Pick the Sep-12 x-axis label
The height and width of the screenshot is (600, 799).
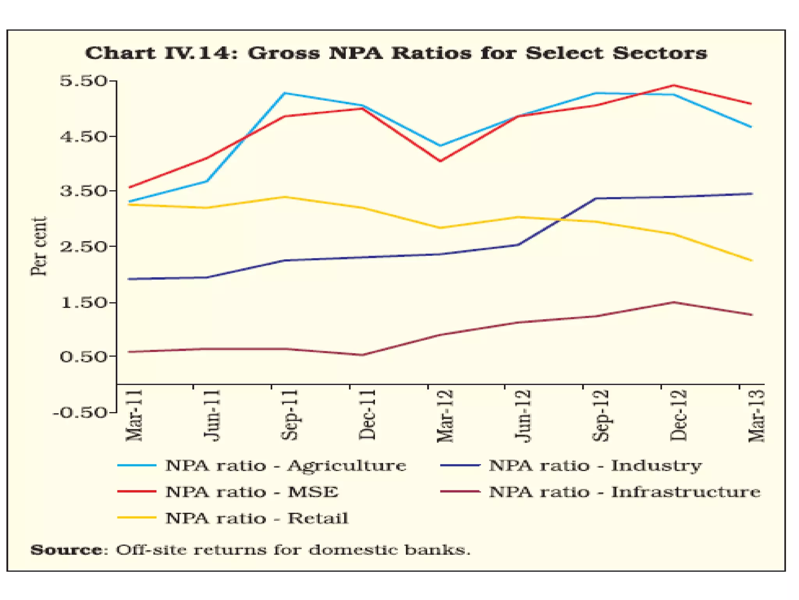(x=601, y=416)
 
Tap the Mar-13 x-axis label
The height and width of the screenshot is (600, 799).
(x=756, y=416)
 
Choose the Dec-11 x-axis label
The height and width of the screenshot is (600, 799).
(x=368, y=415)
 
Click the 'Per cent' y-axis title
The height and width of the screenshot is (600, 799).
(x=39, y=246)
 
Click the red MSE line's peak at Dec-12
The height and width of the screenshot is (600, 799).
(x=674, y=86)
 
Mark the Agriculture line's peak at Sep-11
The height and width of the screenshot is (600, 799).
(x=285, y=93)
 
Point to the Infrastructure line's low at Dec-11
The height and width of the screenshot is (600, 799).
(x=362, y=355)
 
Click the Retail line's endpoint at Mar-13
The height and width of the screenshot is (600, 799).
(x=751, y=261)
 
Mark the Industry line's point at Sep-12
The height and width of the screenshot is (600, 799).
(x=596, y=198)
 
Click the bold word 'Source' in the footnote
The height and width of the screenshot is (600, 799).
(x=66, y=550)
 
